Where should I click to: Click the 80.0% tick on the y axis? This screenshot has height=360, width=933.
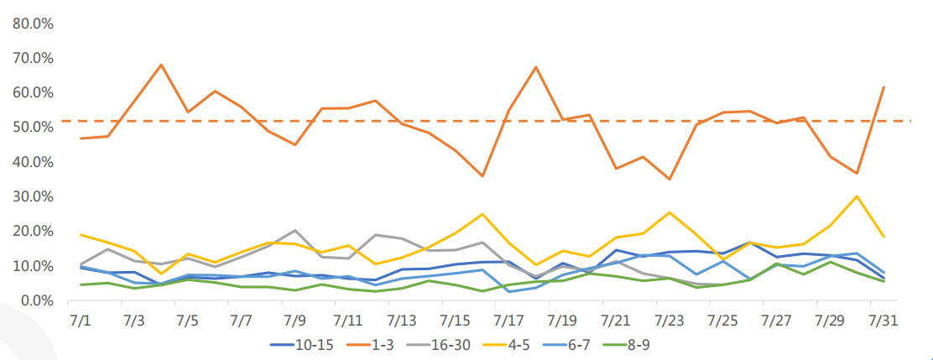point(33,23)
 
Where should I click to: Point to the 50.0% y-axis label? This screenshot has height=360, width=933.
point(33,127)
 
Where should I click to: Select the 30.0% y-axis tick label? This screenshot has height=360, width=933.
point(33,196)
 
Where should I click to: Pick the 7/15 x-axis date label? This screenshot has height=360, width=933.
point(455,321)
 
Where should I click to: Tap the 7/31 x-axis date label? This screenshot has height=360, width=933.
point(883,321)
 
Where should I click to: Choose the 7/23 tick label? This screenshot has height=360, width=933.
point(670,321)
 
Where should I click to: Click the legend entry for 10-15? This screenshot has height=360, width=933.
point(302,344)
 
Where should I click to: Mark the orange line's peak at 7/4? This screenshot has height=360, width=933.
point(161,65)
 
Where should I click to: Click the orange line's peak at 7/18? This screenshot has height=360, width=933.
point(535,66)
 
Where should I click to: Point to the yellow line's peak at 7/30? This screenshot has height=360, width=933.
point(857,196)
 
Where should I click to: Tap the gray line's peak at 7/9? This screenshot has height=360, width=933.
point(294,230)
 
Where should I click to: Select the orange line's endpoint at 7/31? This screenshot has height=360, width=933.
point(883,87)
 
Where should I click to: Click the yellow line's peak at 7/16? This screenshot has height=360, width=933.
point(482,214)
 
